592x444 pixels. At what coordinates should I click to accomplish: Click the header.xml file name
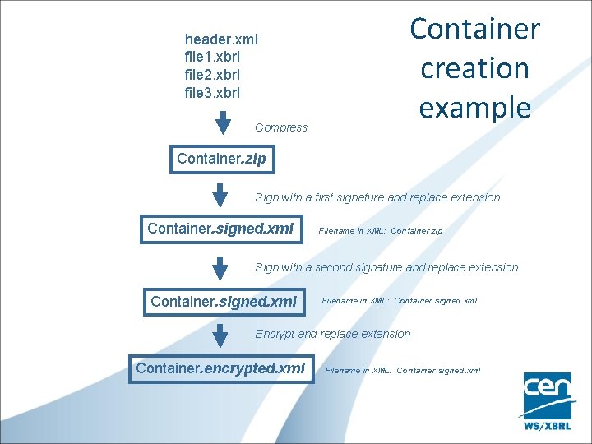(221, 39)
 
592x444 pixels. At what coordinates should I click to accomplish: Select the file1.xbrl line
(212, 57)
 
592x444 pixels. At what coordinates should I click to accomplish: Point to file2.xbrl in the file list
(212, 75)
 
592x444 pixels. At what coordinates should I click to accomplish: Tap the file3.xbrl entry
(212, 93)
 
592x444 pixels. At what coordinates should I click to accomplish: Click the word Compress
(281, 127)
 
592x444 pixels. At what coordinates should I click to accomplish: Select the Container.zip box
(222, 159)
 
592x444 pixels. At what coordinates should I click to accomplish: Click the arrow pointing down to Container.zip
(223, 122)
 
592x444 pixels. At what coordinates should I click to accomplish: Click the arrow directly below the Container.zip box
(220, 196)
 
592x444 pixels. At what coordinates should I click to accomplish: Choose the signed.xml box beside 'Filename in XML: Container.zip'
(220, 229)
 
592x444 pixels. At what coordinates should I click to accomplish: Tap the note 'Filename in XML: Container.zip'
(380, 231)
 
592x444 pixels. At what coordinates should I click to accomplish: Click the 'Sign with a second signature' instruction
(386, 267)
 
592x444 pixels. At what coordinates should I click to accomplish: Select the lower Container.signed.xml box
(224, 302)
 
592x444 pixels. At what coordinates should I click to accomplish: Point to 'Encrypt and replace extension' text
(333, 334)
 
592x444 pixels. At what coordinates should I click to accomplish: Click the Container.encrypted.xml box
(220, 368)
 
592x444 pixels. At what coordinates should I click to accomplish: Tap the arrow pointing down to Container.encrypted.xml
(220, 335)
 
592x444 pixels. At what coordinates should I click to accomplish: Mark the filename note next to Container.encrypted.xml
(403, 371)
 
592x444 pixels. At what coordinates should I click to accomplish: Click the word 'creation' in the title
(474, 67)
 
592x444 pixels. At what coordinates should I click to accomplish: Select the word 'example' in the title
(474, 107)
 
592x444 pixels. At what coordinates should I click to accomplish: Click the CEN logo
(548, 400)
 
